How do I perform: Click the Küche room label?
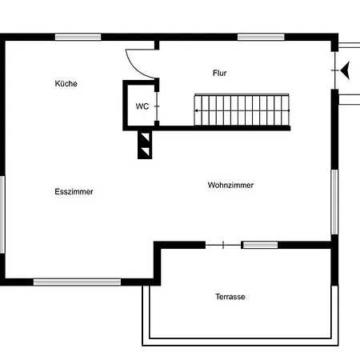[66, 83]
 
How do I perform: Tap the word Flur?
[220, 73]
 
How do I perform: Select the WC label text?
[142, 106]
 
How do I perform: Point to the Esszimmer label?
[74, 191]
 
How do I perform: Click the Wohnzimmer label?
[230, 185]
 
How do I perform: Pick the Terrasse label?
[230, 297]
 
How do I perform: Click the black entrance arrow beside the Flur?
[345, 70]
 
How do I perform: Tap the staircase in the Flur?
[242, 110]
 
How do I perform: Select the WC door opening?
[157, 106]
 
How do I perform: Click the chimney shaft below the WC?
[145, 144]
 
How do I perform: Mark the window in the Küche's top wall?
[78, 37]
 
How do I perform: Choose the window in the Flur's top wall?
[261, 37]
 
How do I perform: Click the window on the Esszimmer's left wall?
[2, 214]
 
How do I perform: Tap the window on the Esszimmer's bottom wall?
[77, 282]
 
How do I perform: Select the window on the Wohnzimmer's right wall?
[334, 202]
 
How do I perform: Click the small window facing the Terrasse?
[260, 245]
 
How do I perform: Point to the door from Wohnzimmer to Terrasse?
[223, 245]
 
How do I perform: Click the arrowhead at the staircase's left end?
[196, 110]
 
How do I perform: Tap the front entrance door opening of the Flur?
[335, 70]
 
